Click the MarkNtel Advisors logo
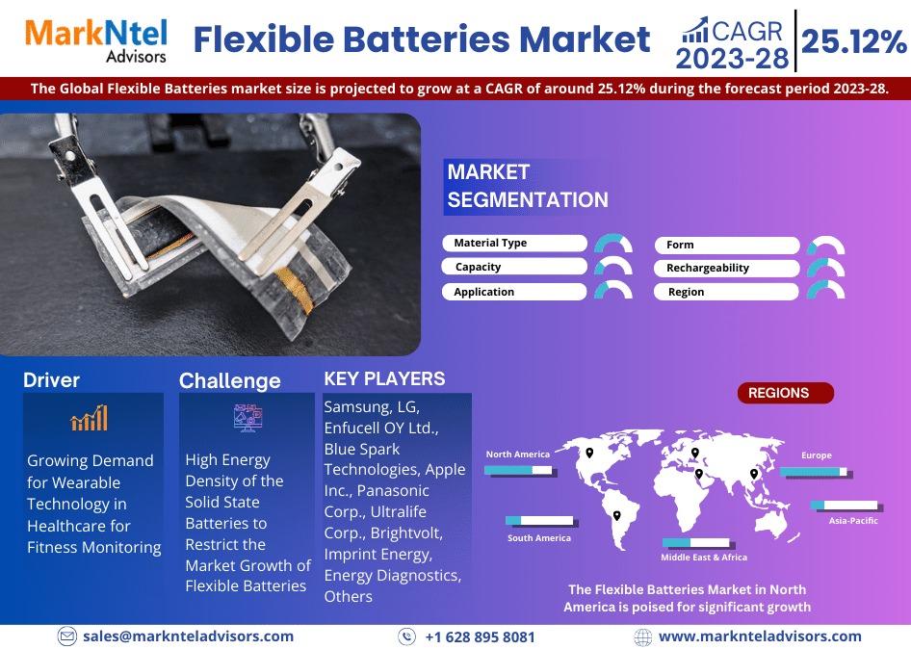point(96,40)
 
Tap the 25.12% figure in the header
point(853,41)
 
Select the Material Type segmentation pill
point(515,243)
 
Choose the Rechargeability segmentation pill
point(726,268)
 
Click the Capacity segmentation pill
point(513,267)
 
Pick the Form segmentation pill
point(727,245)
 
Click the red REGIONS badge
point(786,393)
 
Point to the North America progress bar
point(519,470)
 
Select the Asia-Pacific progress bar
point(845,505)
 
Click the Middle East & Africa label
point(704,558)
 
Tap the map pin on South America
point(617,515)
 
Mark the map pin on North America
point(589,453)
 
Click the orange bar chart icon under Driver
point(89,418)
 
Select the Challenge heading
point(230,381)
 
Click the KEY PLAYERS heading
point(384,378)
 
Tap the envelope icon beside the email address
point(67,636)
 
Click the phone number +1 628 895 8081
point(480,637)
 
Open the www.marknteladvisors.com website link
point(760,636)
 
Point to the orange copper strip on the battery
point(295,289)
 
